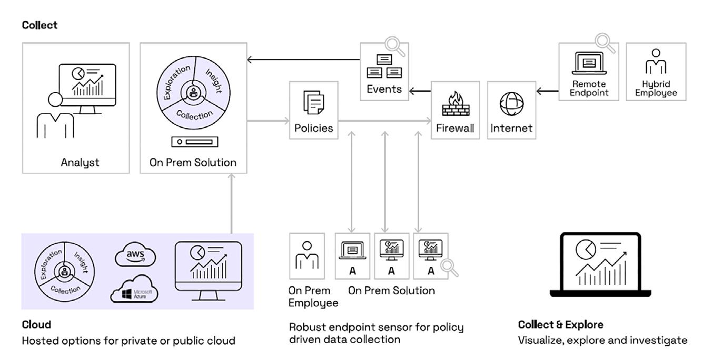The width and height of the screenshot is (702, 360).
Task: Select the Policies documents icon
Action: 314,102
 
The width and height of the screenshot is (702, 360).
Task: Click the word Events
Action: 384,89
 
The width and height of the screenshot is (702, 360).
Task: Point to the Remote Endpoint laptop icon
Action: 589,67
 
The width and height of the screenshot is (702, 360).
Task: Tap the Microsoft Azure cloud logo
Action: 135,289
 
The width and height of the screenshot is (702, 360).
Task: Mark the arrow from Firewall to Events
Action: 420,92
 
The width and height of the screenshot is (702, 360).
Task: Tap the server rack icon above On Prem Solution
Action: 195,142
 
